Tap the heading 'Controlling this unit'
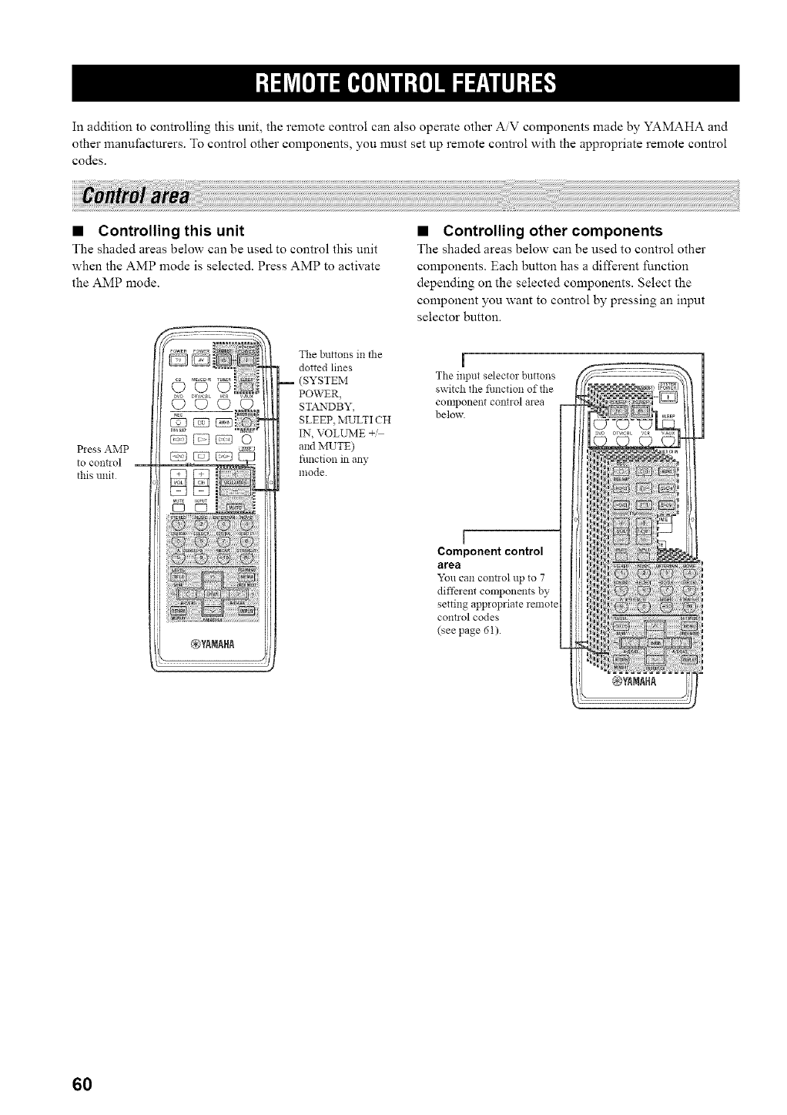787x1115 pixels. click(172, 231)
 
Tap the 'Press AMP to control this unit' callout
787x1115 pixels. click(102, 462)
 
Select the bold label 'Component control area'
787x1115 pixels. click(490, 557)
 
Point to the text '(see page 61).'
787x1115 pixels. click(467, 631)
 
